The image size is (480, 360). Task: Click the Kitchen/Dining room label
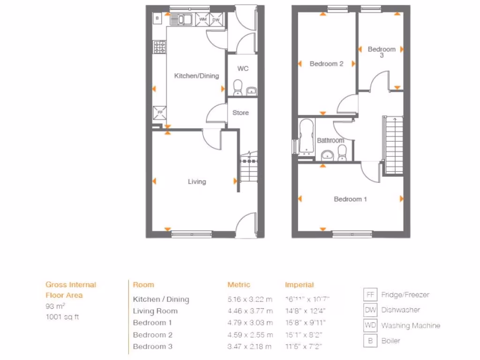[x=196, y=76]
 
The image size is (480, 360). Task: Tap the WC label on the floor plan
[x=242, y=69]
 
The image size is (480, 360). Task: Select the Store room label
[x=240, y=113]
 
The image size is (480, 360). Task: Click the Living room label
[x=196, y=182]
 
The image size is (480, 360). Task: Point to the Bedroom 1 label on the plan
[x=350, y=199]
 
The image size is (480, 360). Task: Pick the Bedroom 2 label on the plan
[x=327, y=64]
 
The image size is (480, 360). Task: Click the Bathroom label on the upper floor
[x=330, y=140]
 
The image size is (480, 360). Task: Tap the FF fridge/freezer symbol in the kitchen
[x=159, y=112]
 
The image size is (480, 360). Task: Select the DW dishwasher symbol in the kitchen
[x=216, y=20]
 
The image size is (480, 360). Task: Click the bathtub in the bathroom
[x=307, y=136]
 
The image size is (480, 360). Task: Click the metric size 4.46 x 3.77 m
[x=250, y=311]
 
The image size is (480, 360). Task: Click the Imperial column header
[x=299, y=285]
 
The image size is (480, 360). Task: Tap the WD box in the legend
[x=370, y=325]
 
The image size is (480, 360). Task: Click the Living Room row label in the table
[x=155, y=311]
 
